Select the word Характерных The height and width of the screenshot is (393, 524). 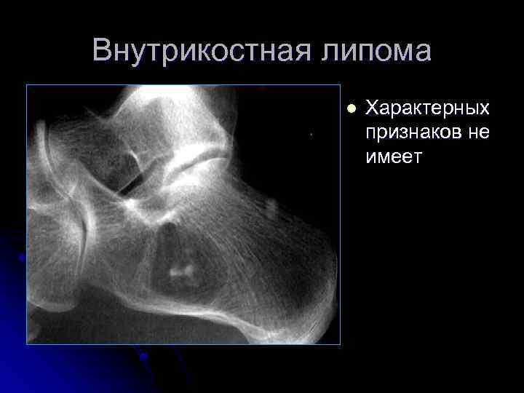tap(426, 108)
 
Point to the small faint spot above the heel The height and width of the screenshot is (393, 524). tap(271, 210)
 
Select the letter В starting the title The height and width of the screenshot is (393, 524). tap(103, 51)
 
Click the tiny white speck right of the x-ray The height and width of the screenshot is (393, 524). tap(311, 135)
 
